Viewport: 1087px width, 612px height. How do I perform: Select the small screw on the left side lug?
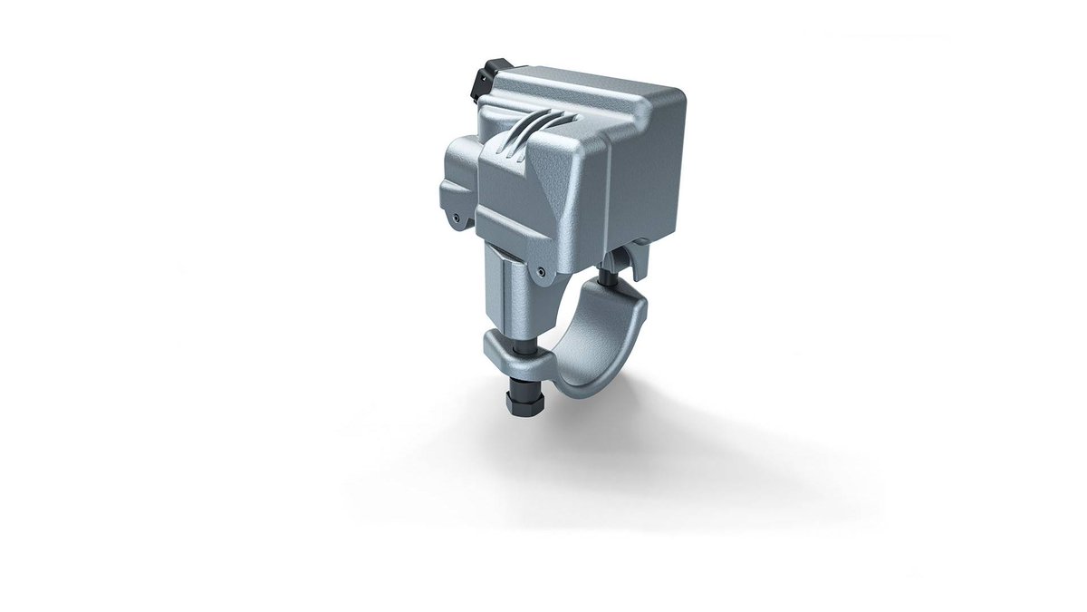pyautogui.click(x=457, y=217)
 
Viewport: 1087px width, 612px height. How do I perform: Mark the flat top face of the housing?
pyautogui.click(x=589, y=91)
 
